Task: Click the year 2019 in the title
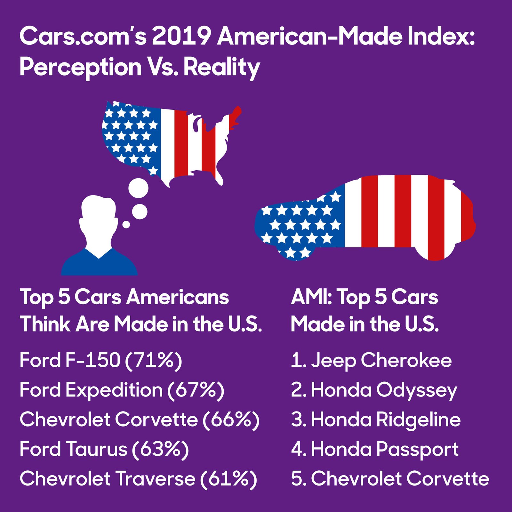point(181,36)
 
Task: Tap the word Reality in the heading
point(221,67)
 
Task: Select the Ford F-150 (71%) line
point(100,360)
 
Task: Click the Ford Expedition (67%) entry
point(122,390)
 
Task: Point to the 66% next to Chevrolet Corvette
point(231,420)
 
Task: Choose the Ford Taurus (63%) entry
point(104,449)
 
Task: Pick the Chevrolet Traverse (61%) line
point(138,479)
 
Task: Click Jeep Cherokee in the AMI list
point(381,360)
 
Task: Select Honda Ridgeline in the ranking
point(385,420)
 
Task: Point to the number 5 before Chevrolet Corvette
point(296,479)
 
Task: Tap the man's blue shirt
point(99,264)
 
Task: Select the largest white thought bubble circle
point(138,188)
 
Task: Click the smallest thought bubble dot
point(126,225)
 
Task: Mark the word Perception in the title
point(80,67)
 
